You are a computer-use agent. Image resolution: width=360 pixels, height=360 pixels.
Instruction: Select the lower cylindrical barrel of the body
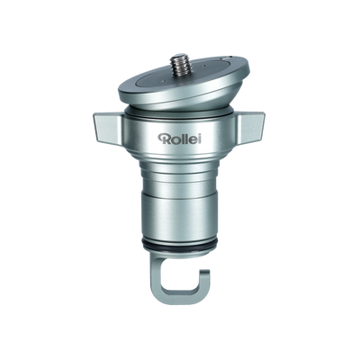(180, 216)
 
